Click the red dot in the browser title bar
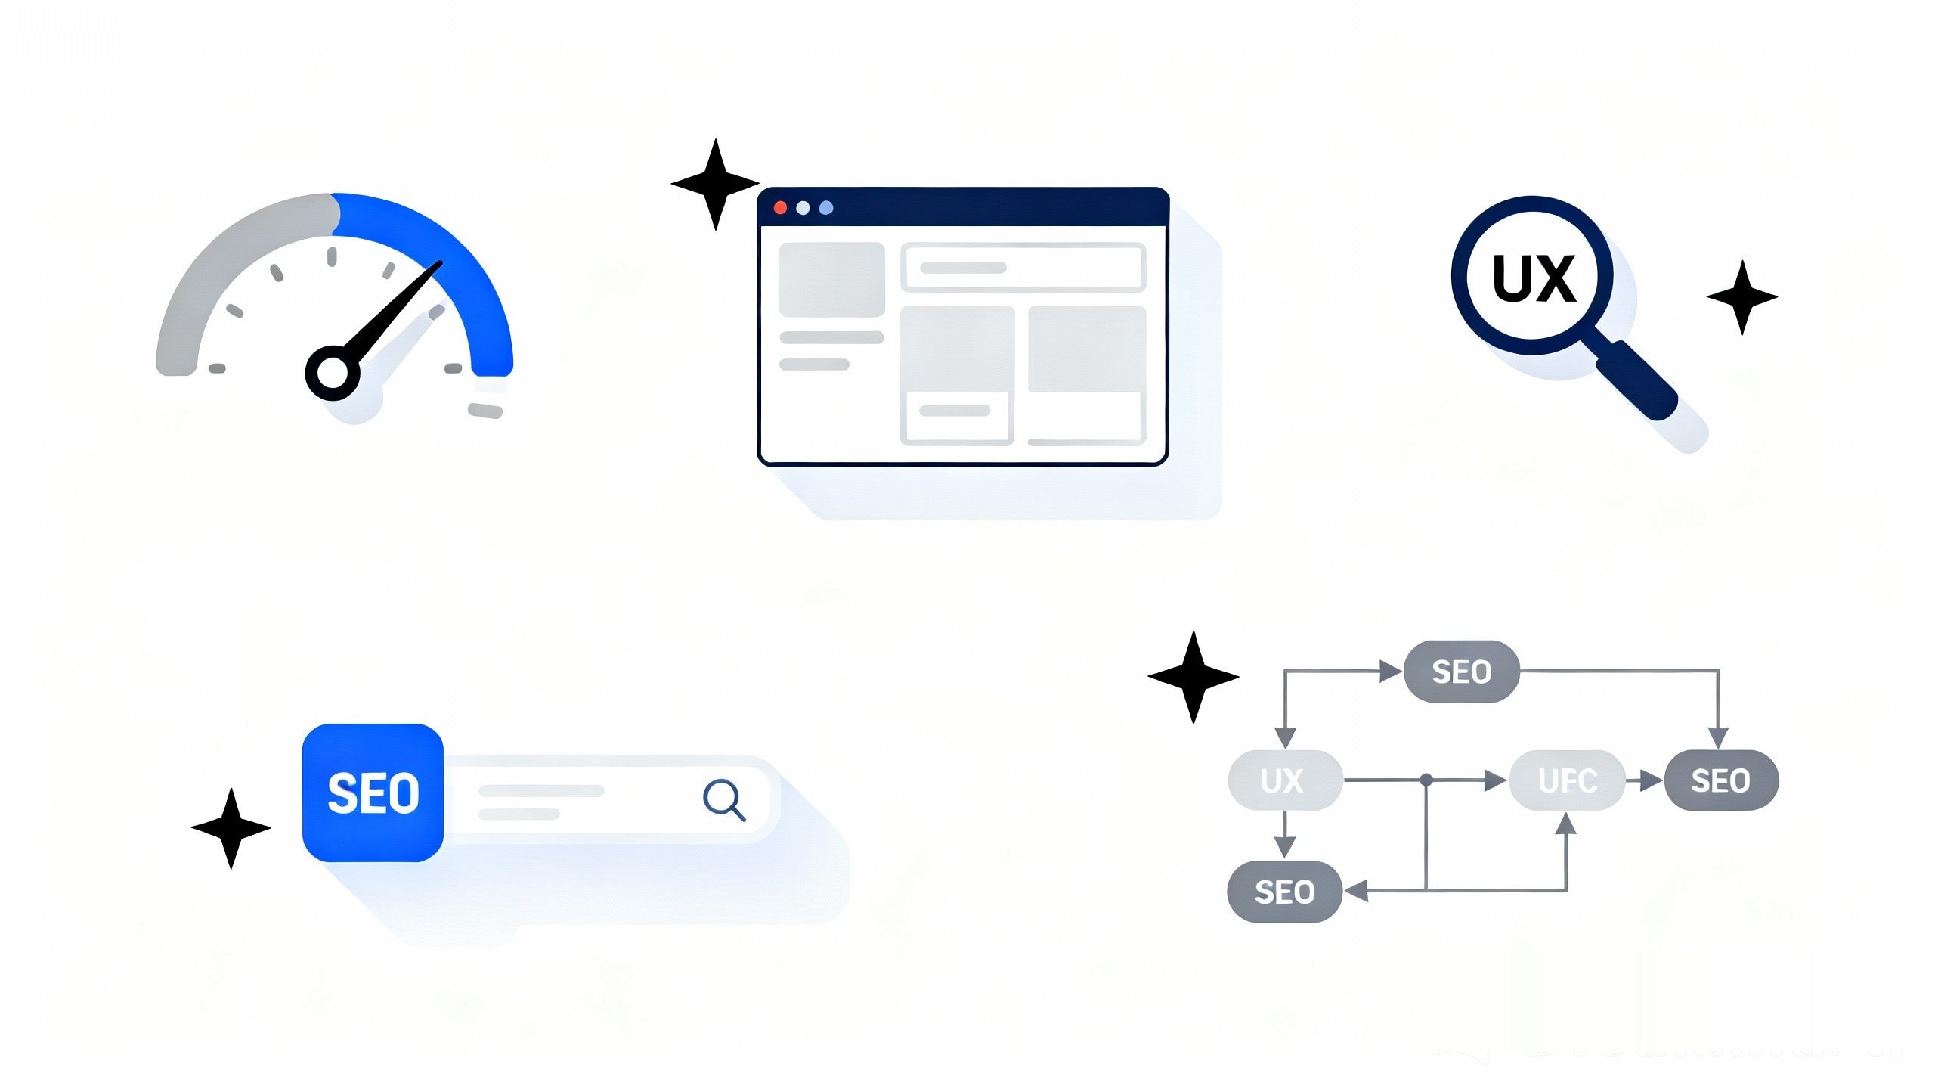[780, 208]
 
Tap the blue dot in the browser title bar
[826, 208]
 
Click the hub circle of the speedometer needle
[332, 373]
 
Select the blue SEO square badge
[373, 793]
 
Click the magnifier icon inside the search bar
[723, 799]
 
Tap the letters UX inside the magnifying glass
[1533, 278]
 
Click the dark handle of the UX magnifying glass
[1637, 380]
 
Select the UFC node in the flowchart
[1567, 780]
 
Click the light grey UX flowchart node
[1285, 780]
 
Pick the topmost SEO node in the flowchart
[1461, 672]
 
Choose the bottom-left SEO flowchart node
[1284, 892]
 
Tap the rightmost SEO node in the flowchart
[1721, 780]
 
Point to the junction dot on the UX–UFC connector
[1426, 780]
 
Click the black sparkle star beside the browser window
[715, 184]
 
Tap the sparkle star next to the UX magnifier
[1742, 297]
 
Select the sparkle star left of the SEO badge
[231, 828]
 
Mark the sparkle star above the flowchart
[1194, 677]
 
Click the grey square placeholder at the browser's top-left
[831, 279]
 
